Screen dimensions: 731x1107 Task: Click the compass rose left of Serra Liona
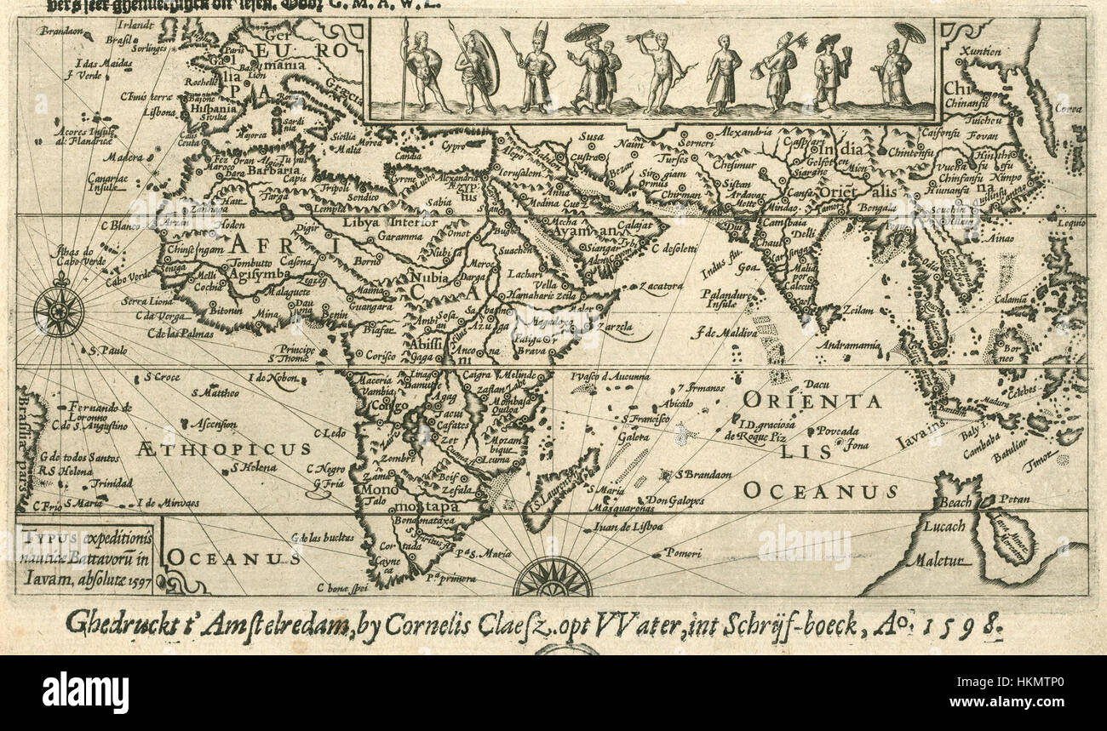click(59, 311)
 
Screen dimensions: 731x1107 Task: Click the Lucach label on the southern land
click(944, 526)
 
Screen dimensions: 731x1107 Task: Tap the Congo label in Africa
click(391, 407)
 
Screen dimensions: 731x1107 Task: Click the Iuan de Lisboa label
click(629, 527)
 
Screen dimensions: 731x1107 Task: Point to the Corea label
click(1069, 108)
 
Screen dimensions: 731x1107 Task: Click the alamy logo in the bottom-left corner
click(85, 691)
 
